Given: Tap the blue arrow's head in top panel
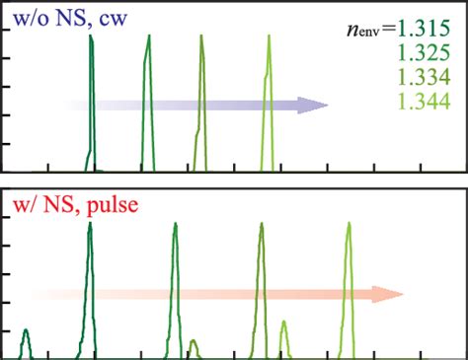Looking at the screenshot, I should click(x=314, y=105).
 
